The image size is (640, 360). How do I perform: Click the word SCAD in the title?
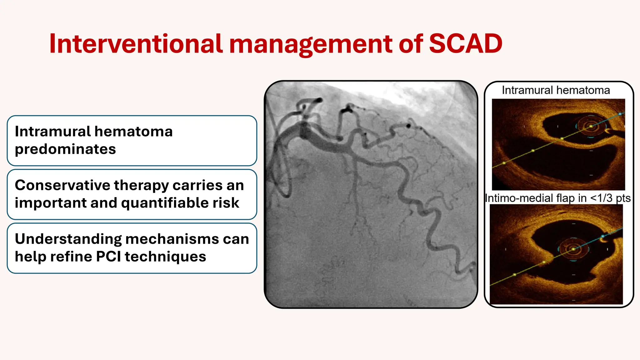(465, 44)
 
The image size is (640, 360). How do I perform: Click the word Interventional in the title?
(136, 44)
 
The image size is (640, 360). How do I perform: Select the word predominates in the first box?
(65, 149)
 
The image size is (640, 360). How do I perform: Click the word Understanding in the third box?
(68, 239)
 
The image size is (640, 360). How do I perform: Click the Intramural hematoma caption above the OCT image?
(556, 90)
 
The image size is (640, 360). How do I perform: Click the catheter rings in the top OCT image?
(591, 127)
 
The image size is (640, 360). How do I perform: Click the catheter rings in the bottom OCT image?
(573, 249)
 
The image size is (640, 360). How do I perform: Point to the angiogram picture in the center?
(371, 194)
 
